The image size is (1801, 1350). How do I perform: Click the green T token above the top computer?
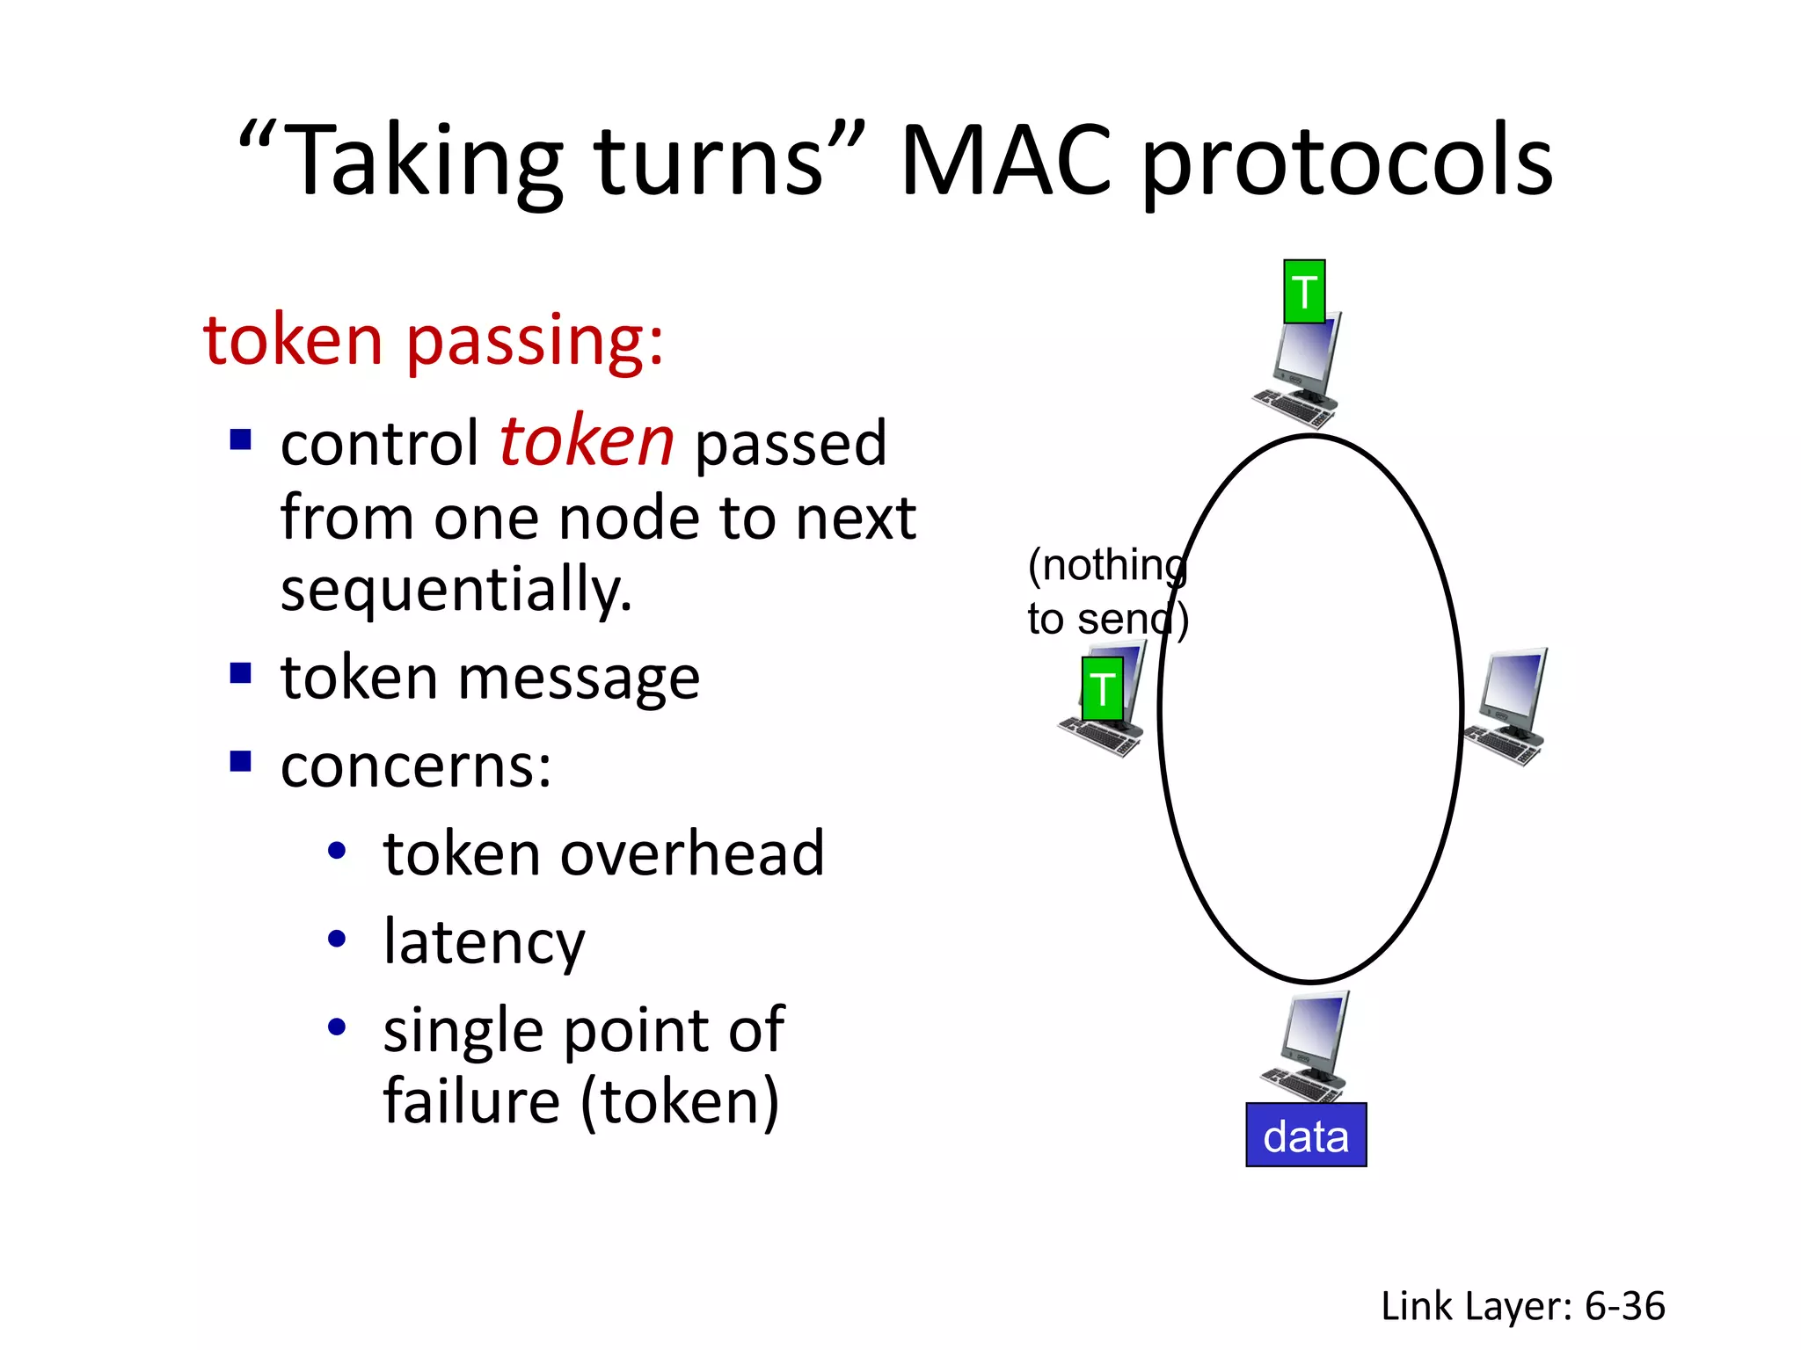point(1304,292)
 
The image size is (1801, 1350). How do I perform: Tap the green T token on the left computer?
point(1102,689)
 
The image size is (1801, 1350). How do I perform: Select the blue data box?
point(1306,1135)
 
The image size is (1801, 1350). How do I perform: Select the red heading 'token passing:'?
point(434,339)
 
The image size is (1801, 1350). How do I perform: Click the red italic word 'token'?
point(587,441)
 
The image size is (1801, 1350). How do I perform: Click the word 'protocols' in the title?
point(1346,163)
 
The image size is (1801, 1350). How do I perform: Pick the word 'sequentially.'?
point(456,590)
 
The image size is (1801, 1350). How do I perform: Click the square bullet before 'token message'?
point(240,673)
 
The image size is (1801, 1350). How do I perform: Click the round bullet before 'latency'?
point(337,939)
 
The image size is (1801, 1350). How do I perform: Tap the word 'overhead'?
point(692,853)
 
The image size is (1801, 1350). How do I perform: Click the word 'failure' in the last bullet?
point(471,1100)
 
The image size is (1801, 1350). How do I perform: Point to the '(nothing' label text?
point(1107,565)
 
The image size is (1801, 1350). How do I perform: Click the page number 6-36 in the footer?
point(1624,1306)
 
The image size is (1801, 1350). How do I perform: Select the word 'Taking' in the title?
point(425,163)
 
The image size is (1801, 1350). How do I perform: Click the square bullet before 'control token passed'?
point(240,439)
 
